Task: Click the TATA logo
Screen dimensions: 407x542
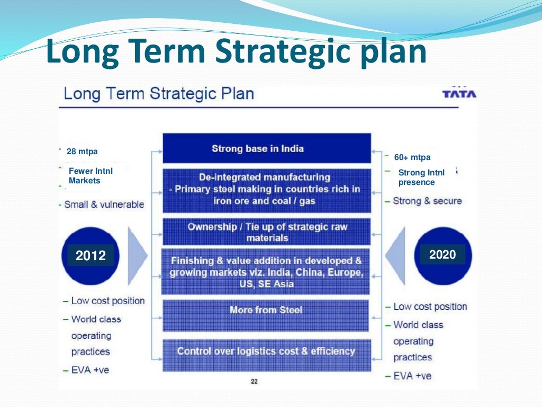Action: tap(459, 93)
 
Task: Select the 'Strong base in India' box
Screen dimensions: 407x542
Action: tap(266, 148)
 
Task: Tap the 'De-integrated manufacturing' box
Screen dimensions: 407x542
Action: tap(266, 189)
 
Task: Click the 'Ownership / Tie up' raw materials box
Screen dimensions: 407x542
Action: tap(266, 232)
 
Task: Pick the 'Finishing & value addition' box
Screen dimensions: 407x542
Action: tap(266, 272)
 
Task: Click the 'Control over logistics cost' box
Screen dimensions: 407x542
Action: tap(266, 352)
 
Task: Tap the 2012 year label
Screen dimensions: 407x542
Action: tap(91, 256)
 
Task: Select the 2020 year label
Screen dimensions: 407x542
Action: tap(442, 254)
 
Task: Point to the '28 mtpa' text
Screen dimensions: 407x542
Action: tap(82, 152)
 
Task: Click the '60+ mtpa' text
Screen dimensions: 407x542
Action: tap(412, 157)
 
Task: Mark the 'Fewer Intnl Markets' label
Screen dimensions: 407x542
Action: tap(91, 176)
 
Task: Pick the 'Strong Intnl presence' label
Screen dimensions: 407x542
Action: tap(421, 178)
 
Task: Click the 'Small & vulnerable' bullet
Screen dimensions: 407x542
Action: tap(103, 205)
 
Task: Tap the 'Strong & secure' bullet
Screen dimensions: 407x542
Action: tap(427, 201)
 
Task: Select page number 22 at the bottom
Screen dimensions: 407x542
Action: tap(254, 382)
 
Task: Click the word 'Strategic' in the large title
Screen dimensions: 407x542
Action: tap(263, 52)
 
